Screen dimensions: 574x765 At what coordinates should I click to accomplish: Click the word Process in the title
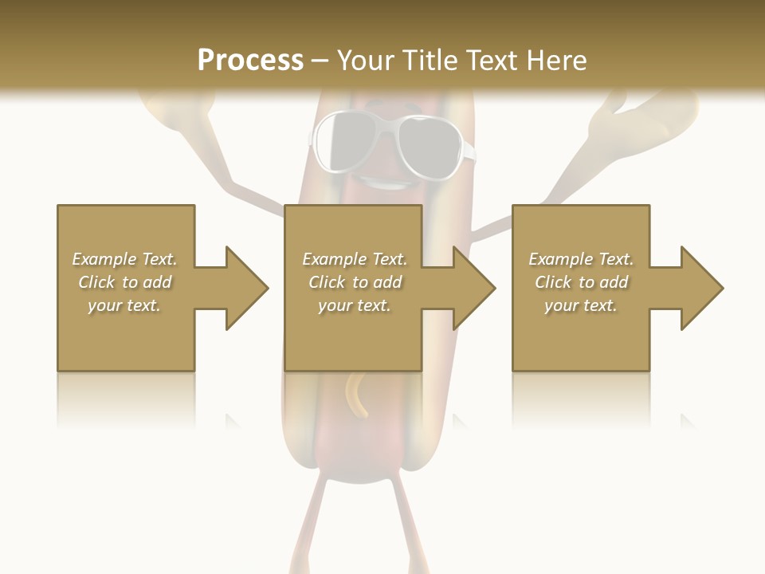(250, 61)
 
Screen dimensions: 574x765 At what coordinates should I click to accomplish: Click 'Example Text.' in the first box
(124, 259)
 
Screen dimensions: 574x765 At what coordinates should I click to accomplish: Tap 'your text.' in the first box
(124, 305)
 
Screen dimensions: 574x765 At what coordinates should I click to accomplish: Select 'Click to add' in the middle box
(355, 282)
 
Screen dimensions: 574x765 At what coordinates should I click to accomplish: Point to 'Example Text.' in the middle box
(355, 259)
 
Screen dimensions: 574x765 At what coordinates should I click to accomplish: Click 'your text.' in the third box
(581, 305)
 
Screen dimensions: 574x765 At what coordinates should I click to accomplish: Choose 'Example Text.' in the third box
(581, 259)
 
